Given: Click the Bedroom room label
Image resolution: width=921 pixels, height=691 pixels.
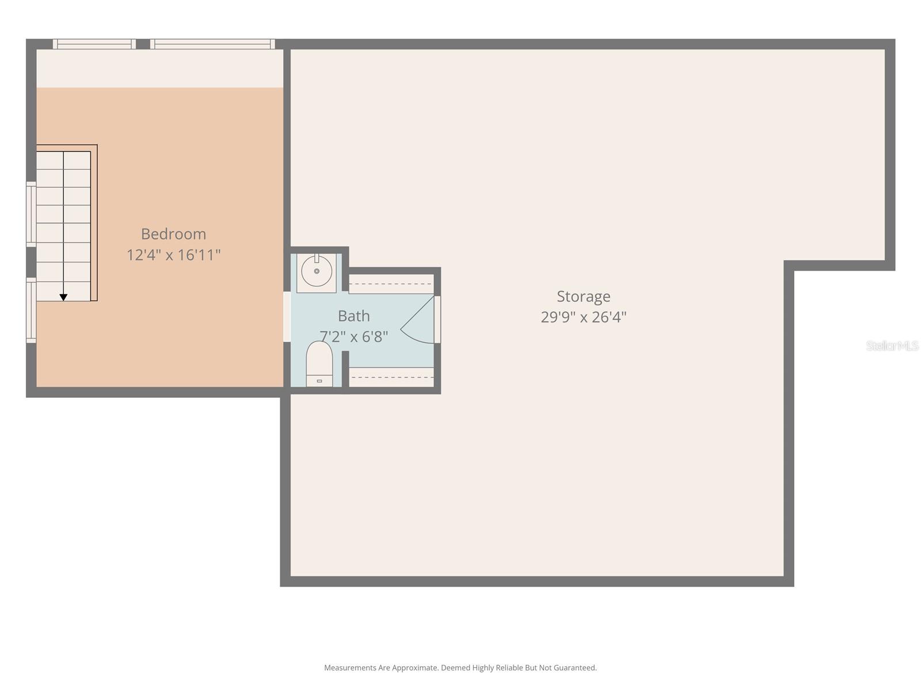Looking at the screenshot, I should tap(173, 234).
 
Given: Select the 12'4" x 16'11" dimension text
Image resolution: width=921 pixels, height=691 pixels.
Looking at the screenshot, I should tap(173, 255).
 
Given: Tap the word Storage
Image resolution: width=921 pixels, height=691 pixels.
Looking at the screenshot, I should tap(583, 296).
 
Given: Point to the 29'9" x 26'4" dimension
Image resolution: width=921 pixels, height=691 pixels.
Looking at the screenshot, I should tap(583, 317).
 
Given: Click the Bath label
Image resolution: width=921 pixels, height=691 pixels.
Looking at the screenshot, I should tap(353, 316).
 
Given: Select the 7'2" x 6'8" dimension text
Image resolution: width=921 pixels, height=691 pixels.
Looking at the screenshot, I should tap(353, 336).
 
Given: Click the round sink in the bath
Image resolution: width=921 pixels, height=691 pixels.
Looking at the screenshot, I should tap(317, 271).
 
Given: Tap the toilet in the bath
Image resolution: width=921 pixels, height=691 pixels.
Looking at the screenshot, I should tap(319, 364).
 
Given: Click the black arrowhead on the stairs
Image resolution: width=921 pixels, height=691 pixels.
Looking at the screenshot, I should tap(63, 297).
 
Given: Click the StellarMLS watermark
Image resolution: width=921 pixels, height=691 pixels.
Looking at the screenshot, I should tap(892, 345).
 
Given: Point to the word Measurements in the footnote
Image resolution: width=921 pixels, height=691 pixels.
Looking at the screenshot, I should tap(349, 668).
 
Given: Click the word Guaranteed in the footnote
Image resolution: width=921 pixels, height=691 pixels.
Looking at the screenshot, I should tap(574, 668).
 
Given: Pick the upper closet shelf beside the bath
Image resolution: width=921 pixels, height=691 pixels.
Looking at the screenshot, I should tap(391, 283).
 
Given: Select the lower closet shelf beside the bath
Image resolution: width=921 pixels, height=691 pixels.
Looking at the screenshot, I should tap(391, 377).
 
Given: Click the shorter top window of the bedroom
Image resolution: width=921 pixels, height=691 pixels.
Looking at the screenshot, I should tap(94, 44).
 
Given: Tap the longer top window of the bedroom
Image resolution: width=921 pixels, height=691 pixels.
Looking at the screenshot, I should tap(212, 44).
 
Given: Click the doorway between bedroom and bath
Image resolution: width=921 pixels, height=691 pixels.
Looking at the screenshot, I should tap(287, 317).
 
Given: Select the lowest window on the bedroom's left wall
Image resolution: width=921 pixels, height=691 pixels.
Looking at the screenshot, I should tap(31, 311).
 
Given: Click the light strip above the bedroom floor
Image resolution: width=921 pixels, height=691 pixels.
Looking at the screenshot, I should tap(159, 69).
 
